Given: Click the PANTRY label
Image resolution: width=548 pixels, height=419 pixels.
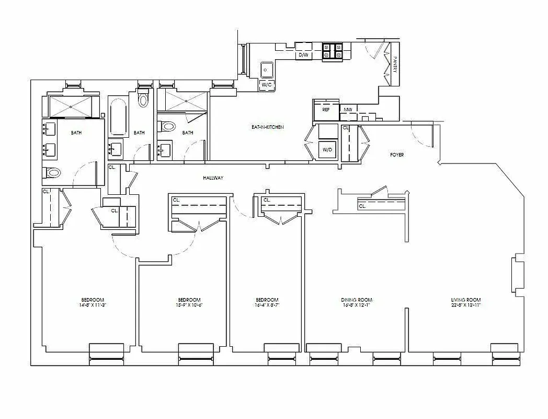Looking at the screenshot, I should [396, 65].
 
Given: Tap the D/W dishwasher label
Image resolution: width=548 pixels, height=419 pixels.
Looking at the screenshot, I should [303, 54].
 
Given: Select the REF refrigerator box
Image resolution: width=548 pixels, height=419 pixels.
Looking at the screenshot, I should [325, 110].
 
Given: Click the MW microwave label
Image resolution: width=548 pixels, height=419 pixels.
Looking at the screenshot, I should [348, 110].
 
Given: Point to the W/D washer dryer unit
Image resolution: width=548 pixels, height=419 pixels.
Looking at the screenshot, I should [328, 149].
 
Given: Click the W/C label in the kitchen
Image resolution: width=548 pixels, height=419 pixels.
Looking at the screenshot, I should [267, 84].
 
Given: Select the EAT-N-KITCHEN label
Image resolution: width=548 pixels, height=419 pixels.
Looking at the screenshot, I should [267, 127].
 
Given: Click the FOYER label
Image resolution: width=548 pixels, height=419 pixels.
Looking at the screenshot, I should [397, 155].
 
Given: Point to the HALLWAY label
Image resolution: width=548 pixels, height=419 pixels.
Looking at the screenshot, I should [213, 178].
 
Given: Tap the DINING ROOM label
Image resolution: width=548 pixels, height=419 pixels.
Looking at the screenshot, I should [357, 300].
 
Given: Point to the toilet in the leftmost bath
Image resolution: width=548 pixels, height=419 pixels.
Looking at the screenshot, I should [53, 172].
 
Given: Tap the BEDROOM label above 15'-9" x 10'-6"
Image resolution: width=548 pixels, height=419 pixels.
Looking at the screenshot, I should [189, 300].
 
